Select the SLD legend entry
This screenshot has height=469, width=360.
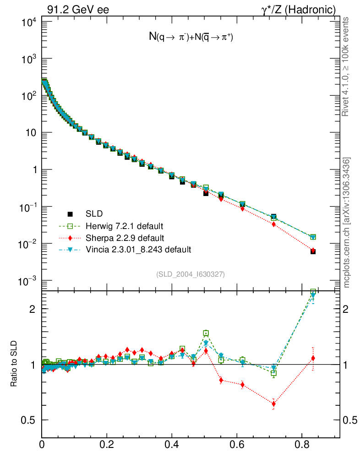tap(94, 214)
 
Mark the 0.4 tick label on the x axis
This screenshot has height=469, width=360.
tap(172, 444)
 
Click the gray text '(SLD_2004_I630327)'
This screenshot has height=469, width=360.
tap(191, 274)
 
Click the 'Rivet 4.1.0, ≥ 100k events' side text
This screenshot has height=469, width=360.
tap(346, 66)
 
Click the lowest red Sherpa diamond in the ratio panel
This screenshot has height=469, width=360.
tap(274, 404)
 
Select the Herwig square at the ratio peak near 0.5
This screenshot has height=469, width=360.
tap(206, 333)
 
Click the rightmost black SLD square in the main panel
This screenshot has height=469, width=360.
tap(313, 251)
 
